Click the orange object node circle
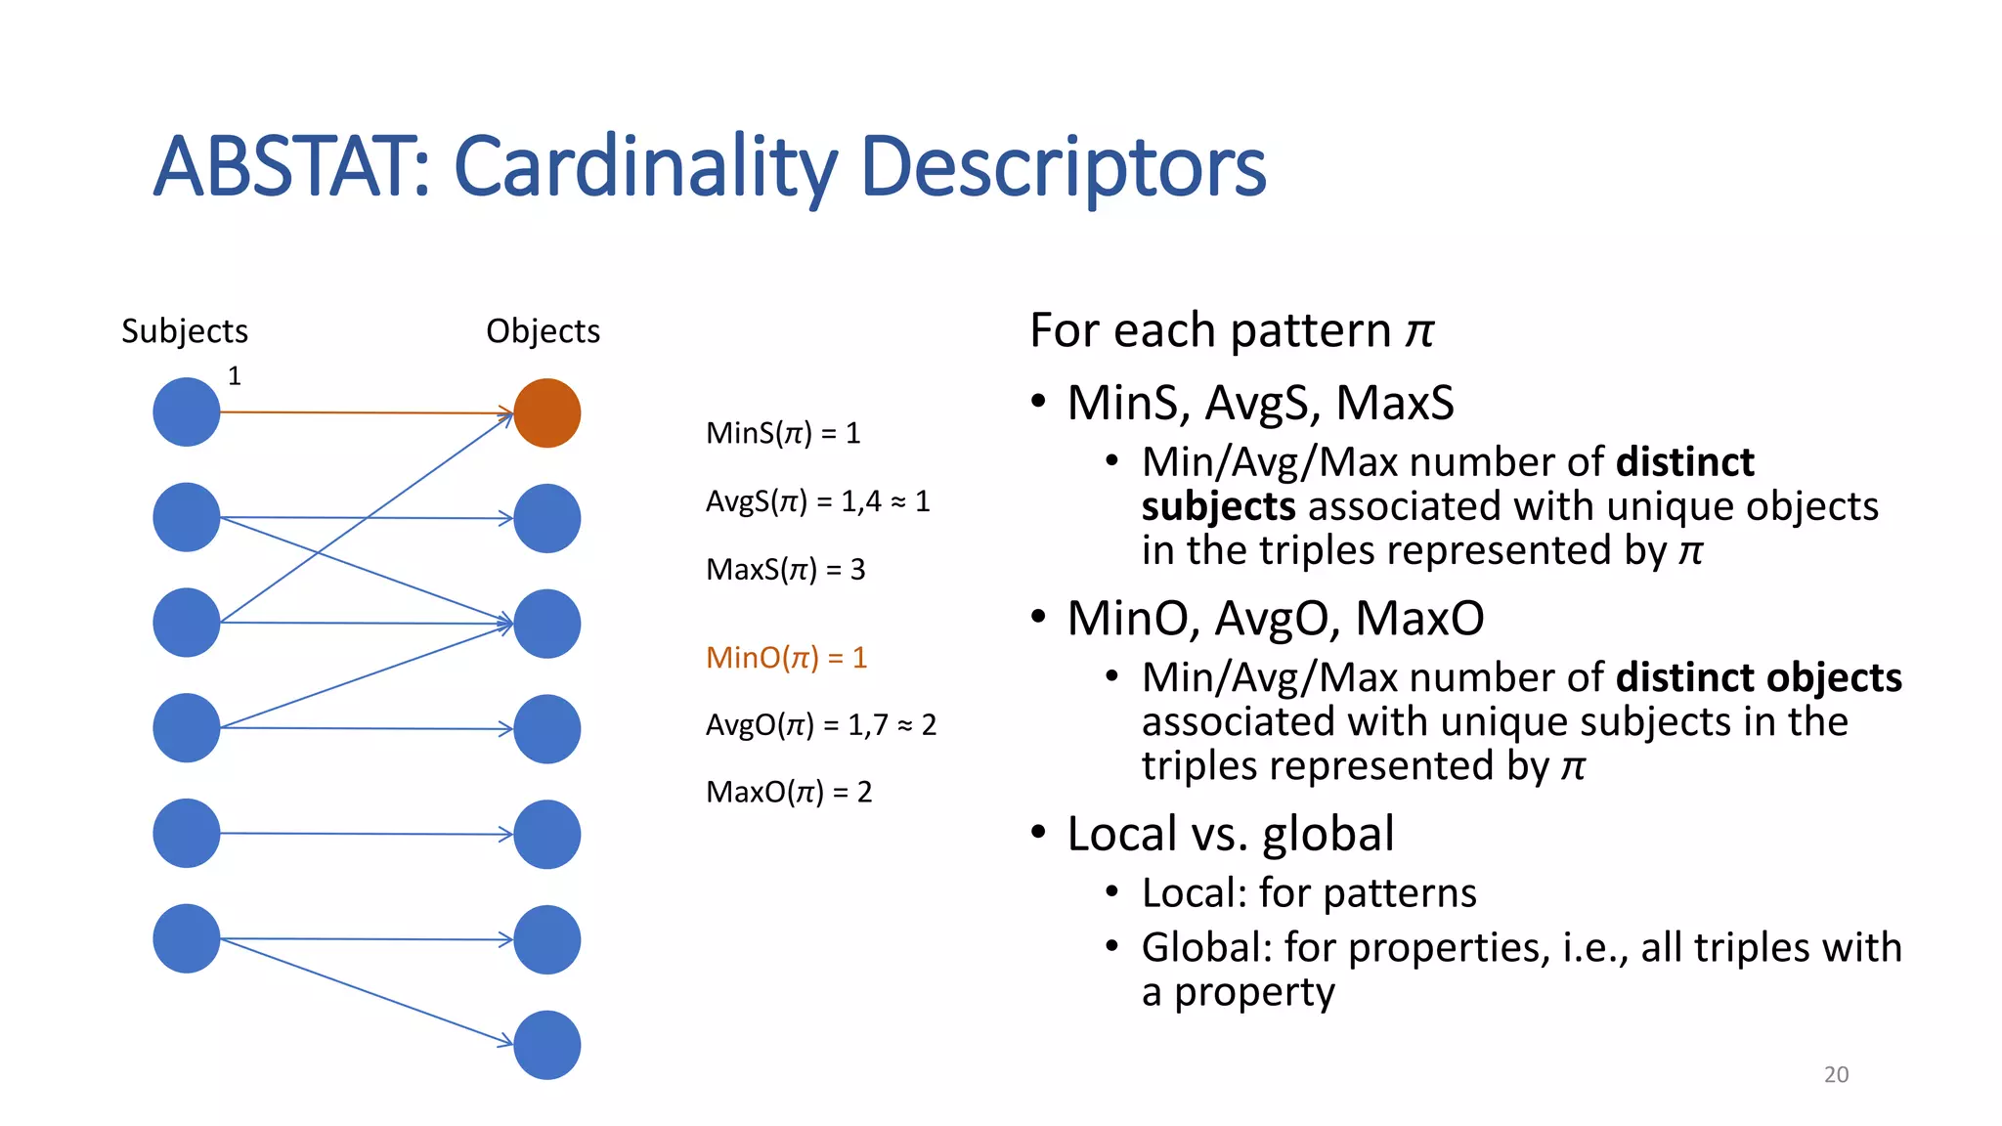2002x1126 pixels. pos(546,413)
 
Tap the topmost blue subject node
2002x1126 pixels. pos(187,412)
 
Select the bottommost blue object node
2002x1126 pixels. pos(546,1045)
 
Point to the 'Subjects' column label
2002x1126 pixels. pos(185,331)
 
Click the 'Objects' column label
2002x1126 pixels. pos(543,331)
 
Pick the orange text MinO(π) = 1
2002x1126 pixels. pos(786,657)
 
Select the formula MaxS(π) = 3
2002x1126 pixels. pos(785,569)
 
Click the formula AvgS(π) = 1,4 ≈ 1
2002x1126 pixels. pos(817,501)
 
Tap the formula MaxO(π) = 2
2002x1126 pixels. pos(788,792)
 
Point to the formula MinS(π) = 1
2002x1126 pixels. pos(782,433)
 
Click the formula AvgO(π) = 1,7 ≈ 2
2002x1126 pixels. pos(820,724)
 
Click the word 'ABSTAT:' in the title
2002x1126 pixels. pos(291,167)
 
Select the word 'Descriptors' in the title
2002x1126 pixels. pos(1063,167)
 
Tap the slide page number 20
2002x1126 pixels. pos(1836,1074)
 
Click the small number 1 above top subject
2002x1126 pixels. pos(235,375)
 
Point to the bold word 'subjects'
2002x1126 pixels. pos(1218,506)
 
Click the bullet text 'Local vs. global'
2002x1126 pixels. pos(1230,834)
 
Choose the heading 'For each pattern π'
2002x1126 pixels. pos(1231,330)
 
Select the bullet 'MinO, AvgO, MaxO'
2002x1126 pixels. pos(1275,618)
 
